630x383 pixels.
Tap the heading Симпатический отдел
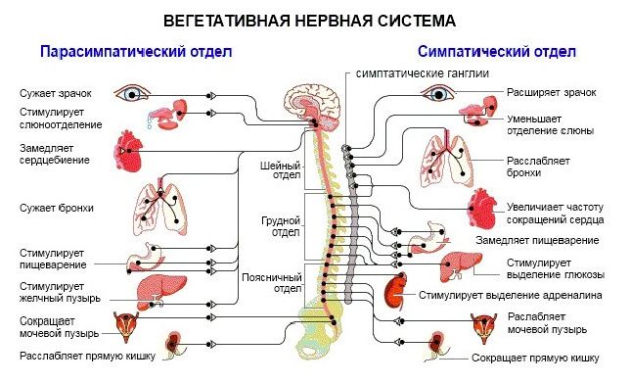496,51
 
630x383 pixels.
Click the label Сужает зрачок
51,93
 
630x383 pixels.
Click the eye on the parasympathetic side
133,94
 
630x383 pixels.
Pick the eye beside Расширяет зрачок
434,93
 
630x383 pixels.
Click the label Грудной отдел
277,227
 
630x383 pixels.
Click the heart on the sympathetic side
483,209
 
